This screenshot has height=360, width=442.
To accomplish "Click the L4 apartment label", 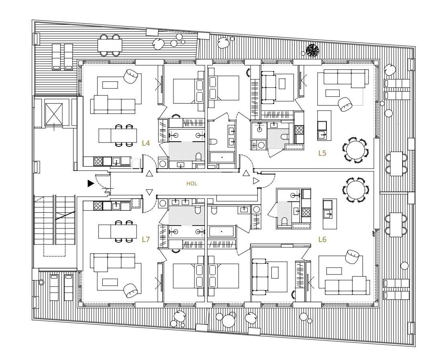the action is tap(146, 143).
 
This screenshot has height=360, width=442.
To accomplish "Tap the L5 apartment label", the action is tap(322, 153).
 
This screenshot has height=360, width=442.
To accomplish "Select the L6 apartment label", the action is tap(322, 240).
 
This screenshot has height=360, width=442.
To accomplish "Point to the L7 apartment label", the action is tap(146, 240).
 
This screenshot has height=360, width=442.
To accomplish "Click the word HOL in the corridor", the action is tap(191, 184).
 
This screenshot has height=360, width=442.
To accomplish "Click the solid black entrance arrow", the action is tap(90, 183).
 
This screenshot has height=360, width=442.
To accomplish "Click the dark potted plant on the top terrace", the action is tap(313, 50).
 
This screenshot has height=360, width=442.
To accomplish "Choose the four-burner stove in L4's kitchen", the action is tap(98, 161).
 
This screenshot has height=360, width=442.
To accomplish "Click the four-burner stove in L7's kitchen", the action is tap(98, 205).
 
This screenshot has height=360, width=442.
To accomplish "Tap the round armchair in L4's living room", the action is tap(131, 76).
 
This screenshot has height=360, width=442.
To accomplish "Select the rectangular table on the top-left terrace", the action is tap(110, 45).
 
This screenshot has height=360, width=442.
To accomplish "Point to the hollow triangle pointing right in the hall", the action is tap(256, 181).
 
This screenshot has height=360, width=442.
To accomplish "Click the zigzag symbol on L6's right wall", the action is tap(374, 234).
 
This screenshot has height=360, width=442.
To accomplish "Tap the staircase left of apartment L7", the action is tap(55, 220).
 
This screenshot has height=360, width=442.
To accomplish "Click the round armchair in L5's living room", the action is tap(346, 104).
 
